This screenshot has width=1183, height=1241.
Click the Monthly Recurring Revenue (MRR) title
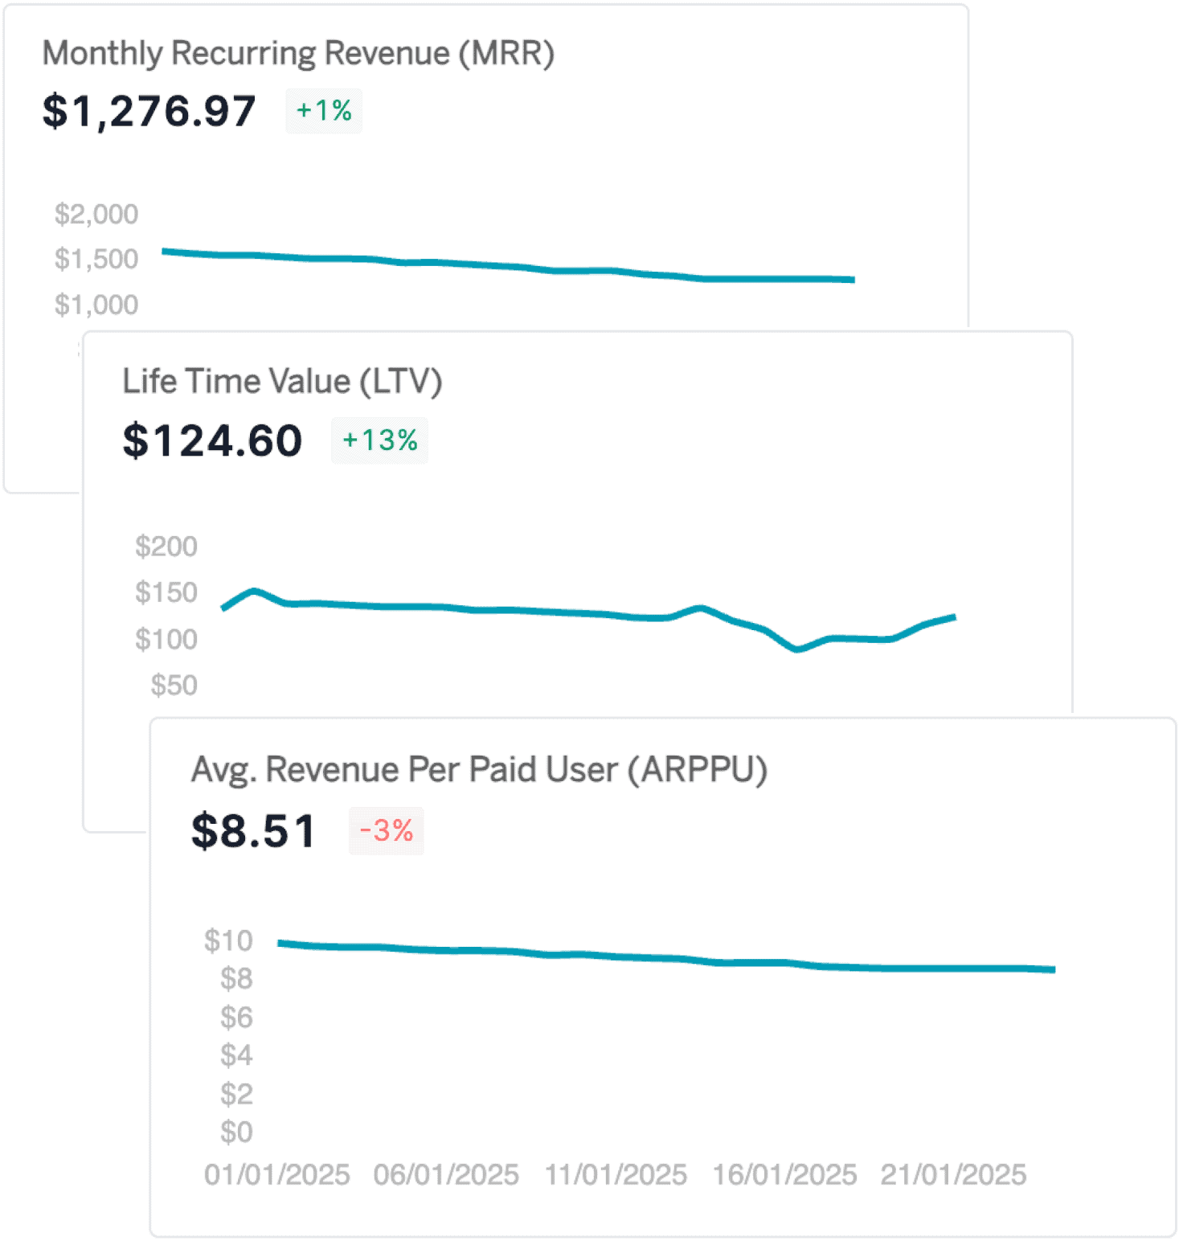pyautogui.click(x=298, y=54)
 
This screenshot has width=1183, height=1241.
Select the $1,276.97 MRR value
pyautogui.click(x=149, y=111)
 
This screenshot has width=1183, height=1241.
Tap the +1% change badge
pyautogui.click(x=324, y=111)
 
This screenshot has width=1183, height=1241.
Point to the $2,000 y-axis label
pyautogui.click(x=96, y=214)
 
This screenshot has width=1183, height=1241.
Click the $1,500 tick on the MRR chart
pyautogui.click(x=96, y=259)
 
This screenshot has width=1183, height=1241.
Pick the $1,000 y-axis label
pyautogui.click(x=96, y=305)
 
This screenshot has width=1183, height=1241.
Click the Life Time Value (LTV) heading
pyautogui.click(x=282, y=382)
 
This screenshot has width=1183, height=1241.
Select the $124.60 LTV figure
pyautogui.click(x=212, y=440)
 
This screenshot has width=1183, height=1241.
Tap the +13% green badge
pyautogui.click(x=379, y=440)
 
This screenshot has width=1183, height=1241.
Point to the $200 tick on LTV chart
pyautogui.click(x=166, y=547)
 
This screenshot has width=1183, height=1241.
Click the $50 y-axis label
pyautogui.click(x=174, y=686)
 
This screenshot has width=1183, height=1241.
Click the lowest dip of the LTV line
pyautogui.click(x=797, y=649)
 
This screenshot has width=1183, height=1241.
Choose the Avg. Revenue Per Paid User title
pyautogui.click(x=479, y=770)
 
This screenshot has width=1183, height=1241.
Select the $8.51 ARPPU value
pyautogui.click(x=253, y=831)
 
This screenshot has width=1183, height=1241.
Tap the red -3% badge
pyautogui.click(x=386, y=831)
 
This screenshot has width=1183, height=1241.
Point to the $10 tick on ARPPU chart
pyautogui.click(x=228, y=940)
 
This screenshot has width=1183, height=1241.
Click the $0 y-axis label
pyautogui.click(x=236, y=1132)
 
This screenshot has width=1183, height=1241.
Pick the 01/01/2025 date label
pyautogui.click(x=276, y=1175)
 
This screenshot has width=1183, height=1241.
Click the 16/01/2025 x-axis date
pyautogui.click(x=784, y=1175)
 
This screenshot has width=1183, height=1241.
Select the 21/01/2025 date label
pyautogui.click(x=953, y=1175)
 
